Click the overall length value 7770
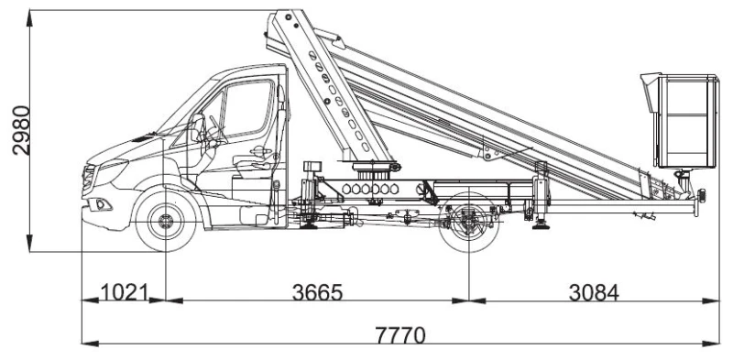tap(399, 333)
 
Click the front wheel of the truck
tap(166, 223)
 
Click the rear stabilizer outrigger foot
tap(542, 229)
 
